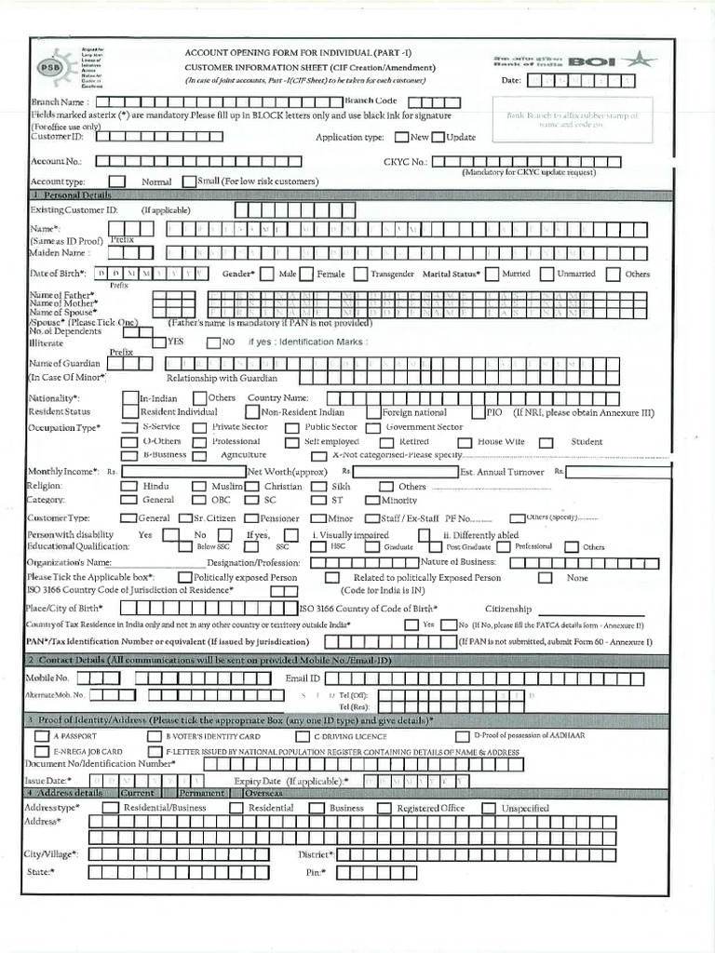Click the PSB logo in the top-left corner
pos(47,68)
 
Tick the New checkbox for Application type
pos(401,137)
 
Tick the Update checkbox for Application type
pos(438,137)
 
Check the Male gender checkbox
pos(267,274)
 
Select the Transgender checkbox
pos(359,274)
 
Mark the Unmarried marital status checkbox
pos(544,274)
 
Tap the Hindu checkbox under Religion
pos(128,486)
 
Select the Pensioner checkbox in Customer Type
pos(251,517)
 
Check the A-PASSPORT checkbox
pos(42,736)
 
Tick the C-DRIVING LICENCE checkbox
pos(303,736)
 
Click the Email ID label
pos(303,678)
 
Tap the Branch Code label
pos(371,100)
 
